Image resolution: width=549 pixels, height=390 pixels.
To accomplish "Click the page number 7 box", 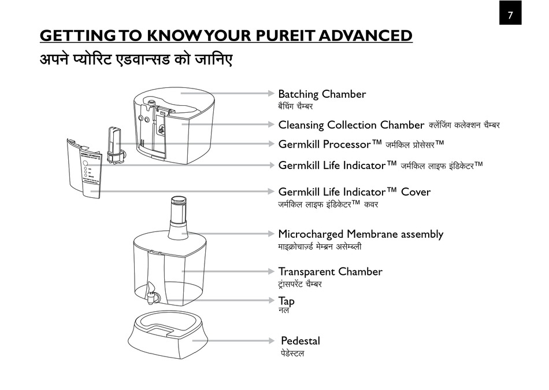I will (x=510, y=14).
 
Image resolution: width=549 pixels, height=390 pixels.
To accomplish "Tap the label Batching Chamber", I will (x=322, y=94).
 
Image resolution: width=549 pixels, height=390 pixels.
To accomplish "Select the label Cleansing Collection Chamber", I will (x=351, y=125).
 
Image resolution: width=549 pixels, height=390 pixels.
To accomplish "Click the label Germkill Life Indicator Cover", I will (x=354, y=192).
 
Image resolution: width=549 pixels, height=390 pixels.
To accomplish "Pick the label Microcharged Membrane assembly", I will (x=361, y=234).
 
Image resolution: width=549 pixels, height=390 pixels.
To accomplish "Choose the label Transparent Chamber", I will (x=330, y=271).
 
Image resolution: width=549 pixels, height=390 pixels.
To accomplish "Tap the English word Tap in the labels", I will (x=286, y=301).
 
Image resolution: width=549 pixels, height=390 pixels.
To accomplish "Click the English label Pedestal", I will (x=300, y=341).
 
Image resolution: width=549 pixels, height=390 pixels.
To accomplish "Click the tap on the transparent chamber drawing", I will (x=152, y=292).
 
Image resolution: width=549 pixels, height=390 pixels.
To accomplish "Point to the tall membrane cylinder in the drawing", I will (x=178, y=217).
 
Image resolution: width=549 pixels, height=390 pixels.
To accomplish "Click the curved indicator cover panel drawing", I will (x=84, y=167).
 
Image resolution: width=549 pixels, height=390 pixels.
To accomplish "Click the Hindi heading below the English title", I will (x=136, y=59).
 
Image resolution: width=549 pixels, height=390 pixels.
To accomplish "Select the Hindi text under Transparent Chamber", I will (x=300, y=284).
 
